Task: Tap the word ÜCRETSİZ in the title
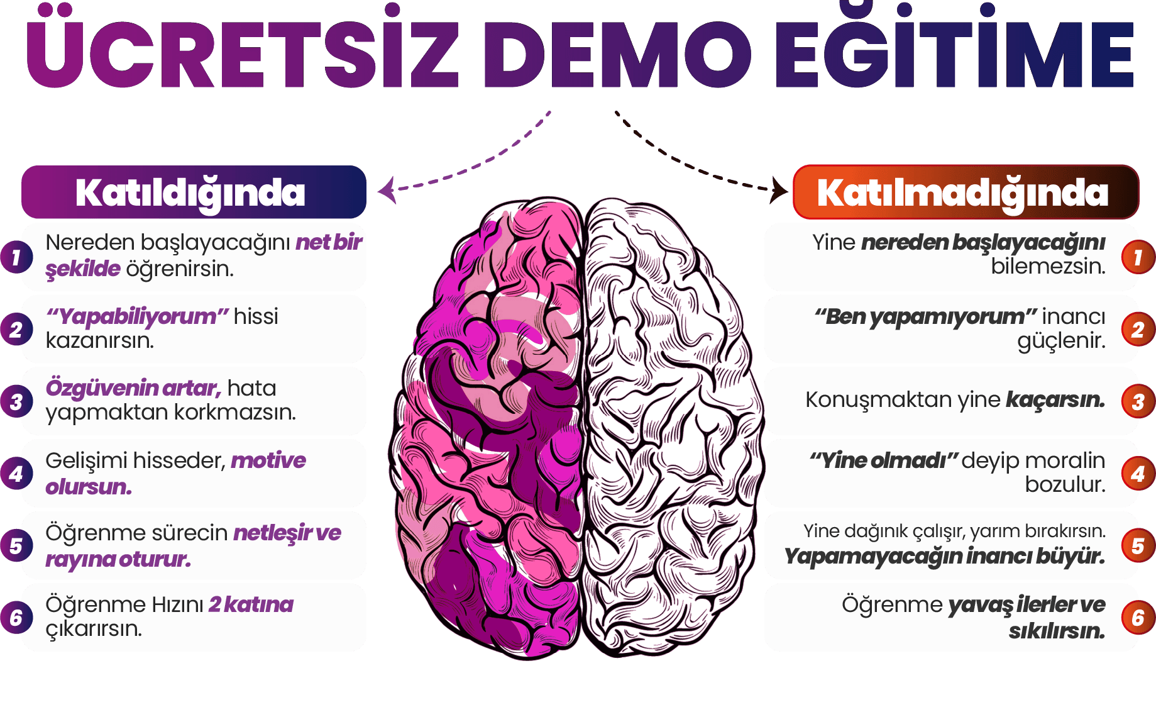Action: tap(242, 53)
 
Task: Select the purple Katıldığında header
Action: tap(194, 192)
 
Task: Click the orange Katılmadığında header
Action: tap(965, 192)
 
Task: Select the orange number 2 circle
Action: tap(1138, 330)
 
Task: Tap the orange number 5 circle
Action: tap(1138, 546)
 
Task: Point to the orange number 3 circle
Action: tap(1138, 402)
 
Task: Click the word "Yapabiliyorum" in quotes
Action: tap(137, 316)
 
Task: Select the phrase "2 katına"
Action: tap(251, 604)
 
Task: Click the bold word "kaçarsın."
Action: tap(1055, 400)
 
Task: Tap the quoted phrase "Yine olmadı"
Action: tap(883, 460)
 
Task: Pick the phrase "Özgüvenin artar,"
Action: tap(133, 388)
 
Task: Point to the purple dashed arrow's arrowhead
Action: tap(387, 189)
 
